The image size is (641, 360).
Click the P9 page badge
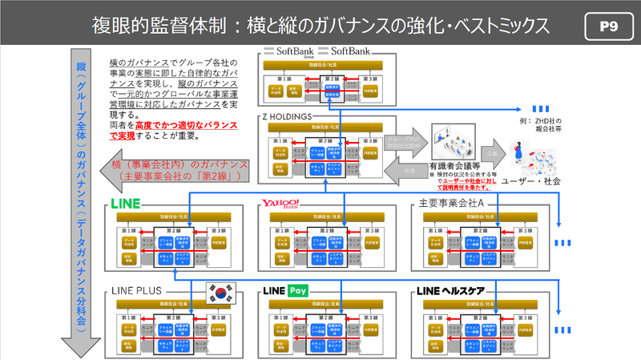pos(607,26)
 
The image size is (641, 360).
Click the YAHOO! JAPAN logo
pos(280,201)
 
